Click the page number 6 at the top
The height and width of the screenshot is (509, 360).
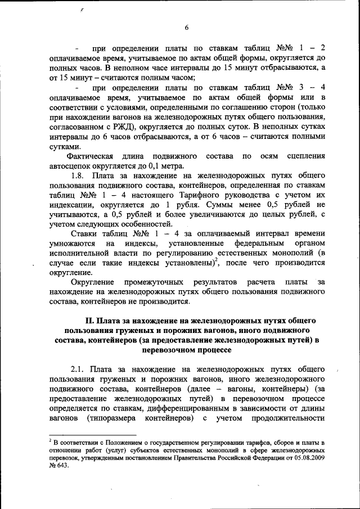186,28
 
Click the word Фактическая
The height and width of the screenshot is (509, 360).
91,155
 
